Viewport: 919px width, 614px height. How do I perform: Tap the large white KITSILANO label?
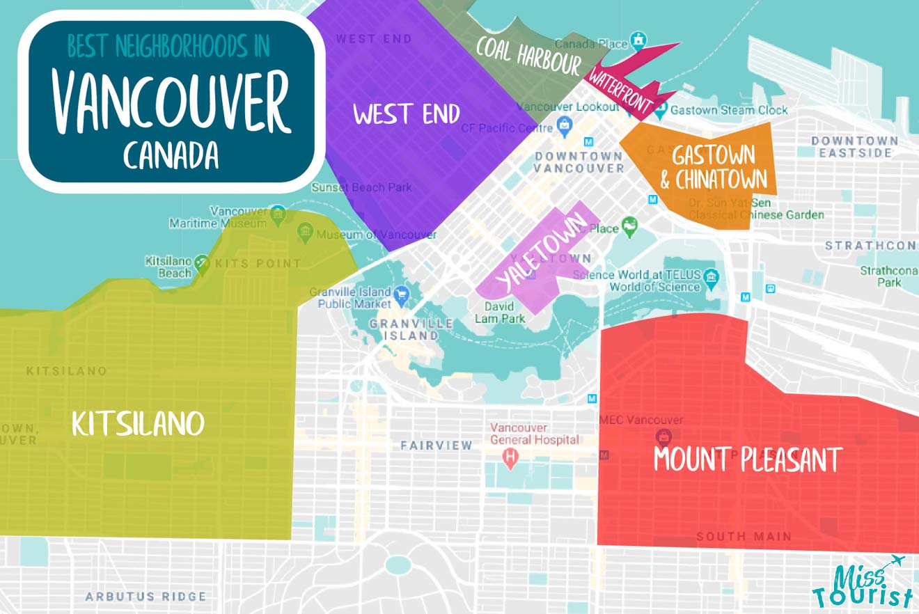(x=138, y=423)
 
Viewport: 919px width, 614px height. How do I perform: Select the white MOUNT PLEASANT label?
(x=748, y=459)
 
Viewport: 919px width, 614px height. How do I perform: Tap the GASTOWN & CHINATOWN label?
(x=716, y=166)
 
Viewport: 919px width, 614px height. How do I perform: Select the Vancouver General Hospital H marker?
(x=512, y=459)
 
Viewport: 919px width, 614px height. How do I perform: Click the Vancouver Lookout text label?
(x=568, y=107)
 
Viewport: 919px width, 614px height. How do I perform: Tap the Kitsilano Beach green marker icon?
(x=202, y=263)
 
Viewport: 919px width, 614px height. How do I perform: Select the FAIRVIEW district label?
(x=436, y=445)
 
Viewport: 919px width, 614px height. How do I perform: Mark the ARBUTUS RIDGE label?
(x=146, y=597)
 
